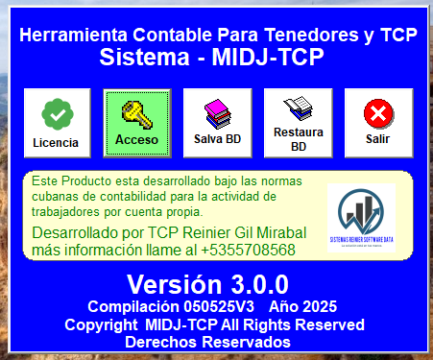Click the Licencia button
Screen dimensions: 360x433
(x=57, y=124)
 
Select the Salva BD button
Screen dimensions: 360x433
(x=218, y=124)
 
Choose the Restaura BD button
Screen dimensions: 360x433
(x=299, y=124)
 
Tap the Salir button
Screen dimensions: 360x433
(x=378, y=124)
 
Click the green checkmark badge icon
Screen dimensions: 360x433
(x=57, y=114)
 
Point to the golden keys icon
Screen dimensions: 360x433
(x=137, y=113)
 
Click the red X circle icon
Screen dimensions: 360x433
(x=378, y=114)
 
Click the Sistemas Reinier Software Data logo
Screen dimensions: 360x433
(x=360, y=218)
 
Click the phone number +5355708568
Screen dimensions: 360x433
(x=247, y=250)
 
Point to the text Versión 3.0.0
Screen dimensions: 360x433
(x=207, y=284)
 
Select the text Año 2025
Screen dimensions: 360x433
(x=303, y=306)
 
